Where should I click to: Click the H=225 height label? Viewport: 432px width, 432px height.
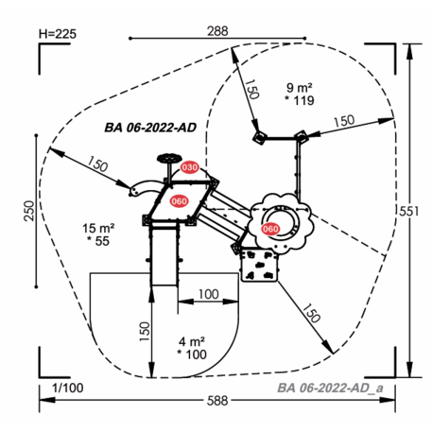pyautogui.click(x=58, y=34)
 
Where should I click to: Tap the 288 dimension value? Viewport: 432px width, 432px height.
pyautogui.click(x=217, y=31)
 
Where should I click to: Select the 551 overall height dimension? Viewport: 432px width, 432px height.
pyautogui.click(x=409, y=211)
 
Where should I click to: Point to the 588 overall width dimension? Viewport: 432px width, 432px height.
pyautogui.click(x=217, y=401)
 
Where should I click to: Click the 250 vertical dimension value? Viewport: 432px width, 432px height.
pyautogui.click(x=29, y=211)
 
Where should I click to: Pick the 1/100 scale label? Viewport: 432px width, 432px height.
pyautogui.click(x=67, y=388)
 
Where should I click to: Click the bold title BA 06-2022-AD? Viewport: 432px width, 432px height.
pyautogui.click(x=150, y=128)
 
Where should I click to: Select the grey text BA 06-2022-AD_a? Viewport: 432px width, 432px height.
pyautogui.click(x=330, y=388)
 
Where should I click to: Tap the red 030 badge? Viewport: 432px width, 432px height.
pyautogui.click(x=189, y=167)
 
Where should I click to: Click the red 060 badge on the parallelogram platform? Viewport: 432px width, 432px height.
pyautogui.click(x=179, y=201)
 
